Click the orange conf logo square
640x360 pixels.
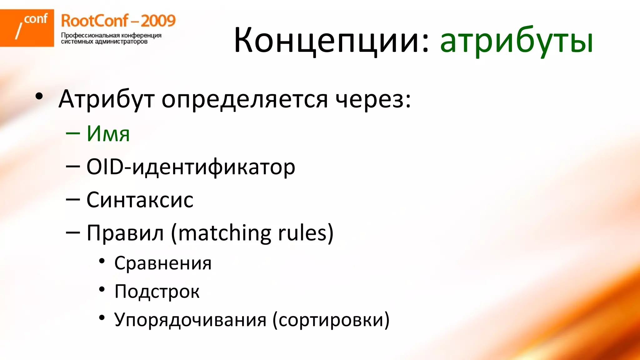27,28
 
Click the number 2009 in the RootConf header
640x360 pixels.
158,21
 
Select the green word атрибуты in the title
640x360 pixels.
516,41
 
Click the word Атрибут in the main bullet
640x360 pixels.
106,99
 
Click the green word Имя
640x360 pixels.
108,134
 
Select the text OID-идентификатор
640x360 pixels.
191,167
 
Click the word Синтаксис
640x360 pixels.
140,200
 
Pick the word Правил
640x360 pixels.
125,233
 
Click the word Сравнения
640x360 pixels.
163,263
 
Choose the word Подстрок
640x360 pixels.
157,292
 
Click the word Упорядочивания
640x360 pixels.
190,320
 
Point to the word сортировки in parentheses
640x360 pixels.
331,320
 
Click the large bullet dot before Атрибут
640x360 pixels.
39,96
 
